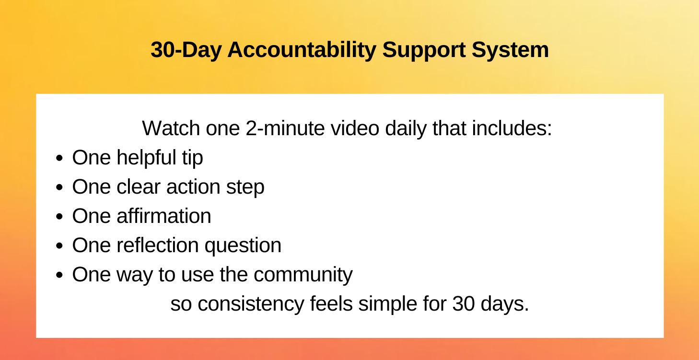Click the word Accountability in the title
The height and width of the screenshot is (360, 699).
(302, 50)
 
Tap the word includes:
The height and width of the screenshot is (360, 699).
(512, 128)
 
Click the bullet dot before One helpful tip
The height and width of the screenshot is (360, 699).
(59, 158)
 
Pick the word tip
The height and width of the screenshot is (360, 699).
(192, 158)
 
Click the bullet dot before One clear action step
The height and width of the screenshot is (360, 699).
(59, 187)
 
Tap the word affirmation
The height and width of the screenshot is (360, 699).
(163, 216)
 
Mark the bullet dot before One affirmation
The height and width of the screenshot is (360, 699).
(59, 217)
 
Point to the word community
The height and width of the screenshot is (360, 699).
(303, 275)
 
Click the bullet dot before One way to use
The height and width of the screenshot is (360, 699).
(59, 275)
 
